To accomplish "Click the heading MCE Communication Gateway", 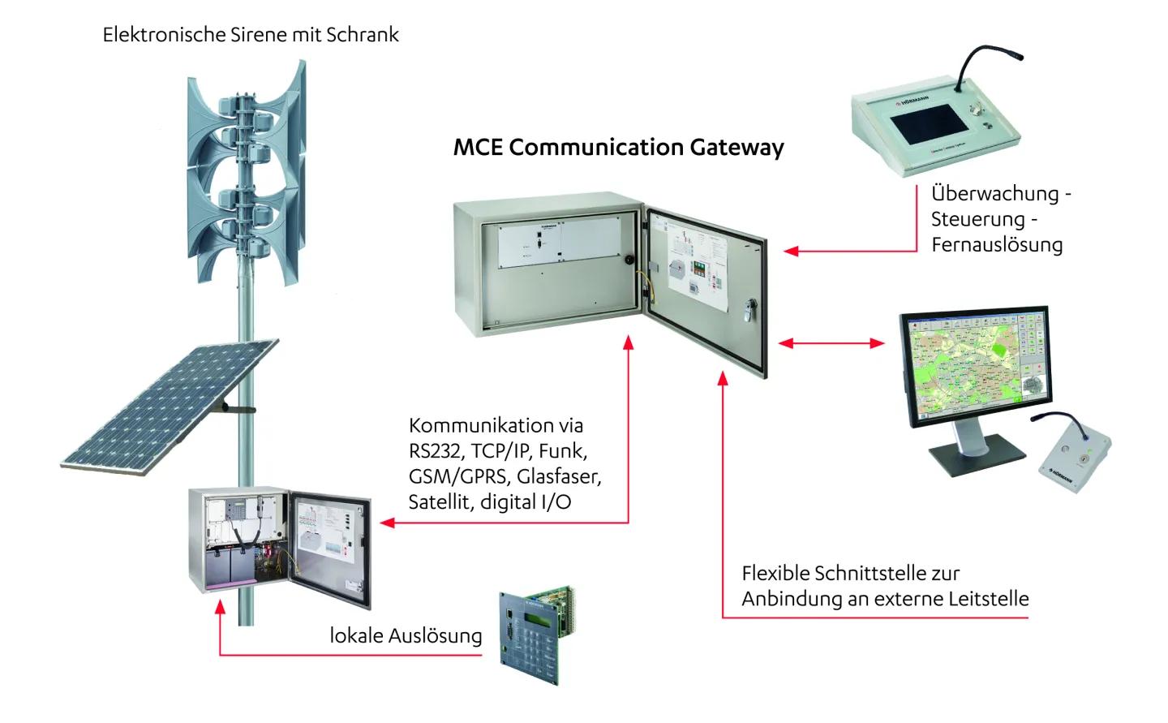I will [618, 148].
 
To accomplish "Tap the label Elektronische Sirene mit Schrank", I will [251, 35].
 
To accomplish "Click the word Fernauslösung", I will [996, 245].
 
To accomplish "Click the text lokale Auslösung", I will [406, 635].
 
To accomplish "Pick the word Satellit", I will [439, 501].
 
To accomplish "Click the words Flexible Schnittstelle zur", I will [850, 573].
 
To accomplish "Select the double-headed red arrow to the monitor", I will [831, 343].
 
